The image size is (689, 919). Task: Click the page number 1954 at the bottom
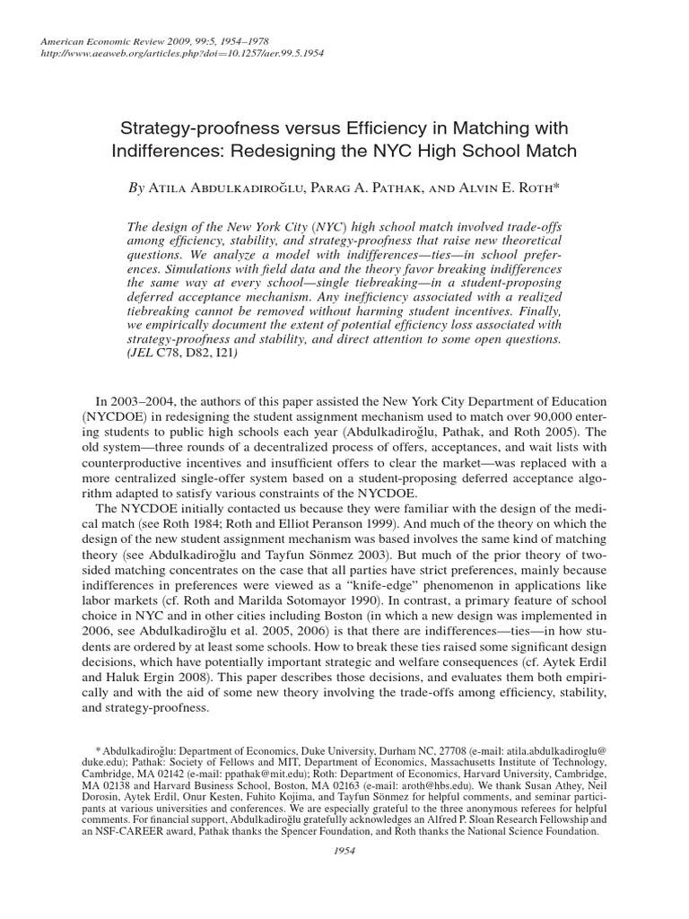[344, 852]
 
